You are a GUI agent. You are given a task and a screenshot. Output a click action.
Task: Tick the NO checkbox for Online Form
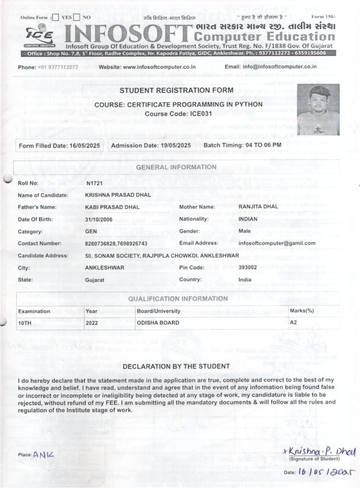click(76, 18)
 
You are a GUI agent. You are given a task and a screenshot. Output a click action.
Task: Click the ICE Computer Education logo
click(38, 36)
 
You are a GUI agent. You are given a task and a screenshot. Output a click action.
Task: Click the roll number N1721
click(95, 182)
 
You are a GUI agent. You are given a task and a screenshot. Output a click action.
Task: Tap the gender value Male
click(245, 231)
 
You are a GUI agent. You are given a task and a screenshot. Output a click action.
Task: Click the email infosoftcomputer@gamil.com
click(277, 243)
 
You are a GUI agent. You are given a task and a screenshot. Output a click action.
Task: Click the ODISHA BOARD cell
click(158, 323)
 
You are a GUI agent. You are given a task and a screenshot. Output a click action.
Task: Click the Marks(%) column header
click(302, 311)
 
